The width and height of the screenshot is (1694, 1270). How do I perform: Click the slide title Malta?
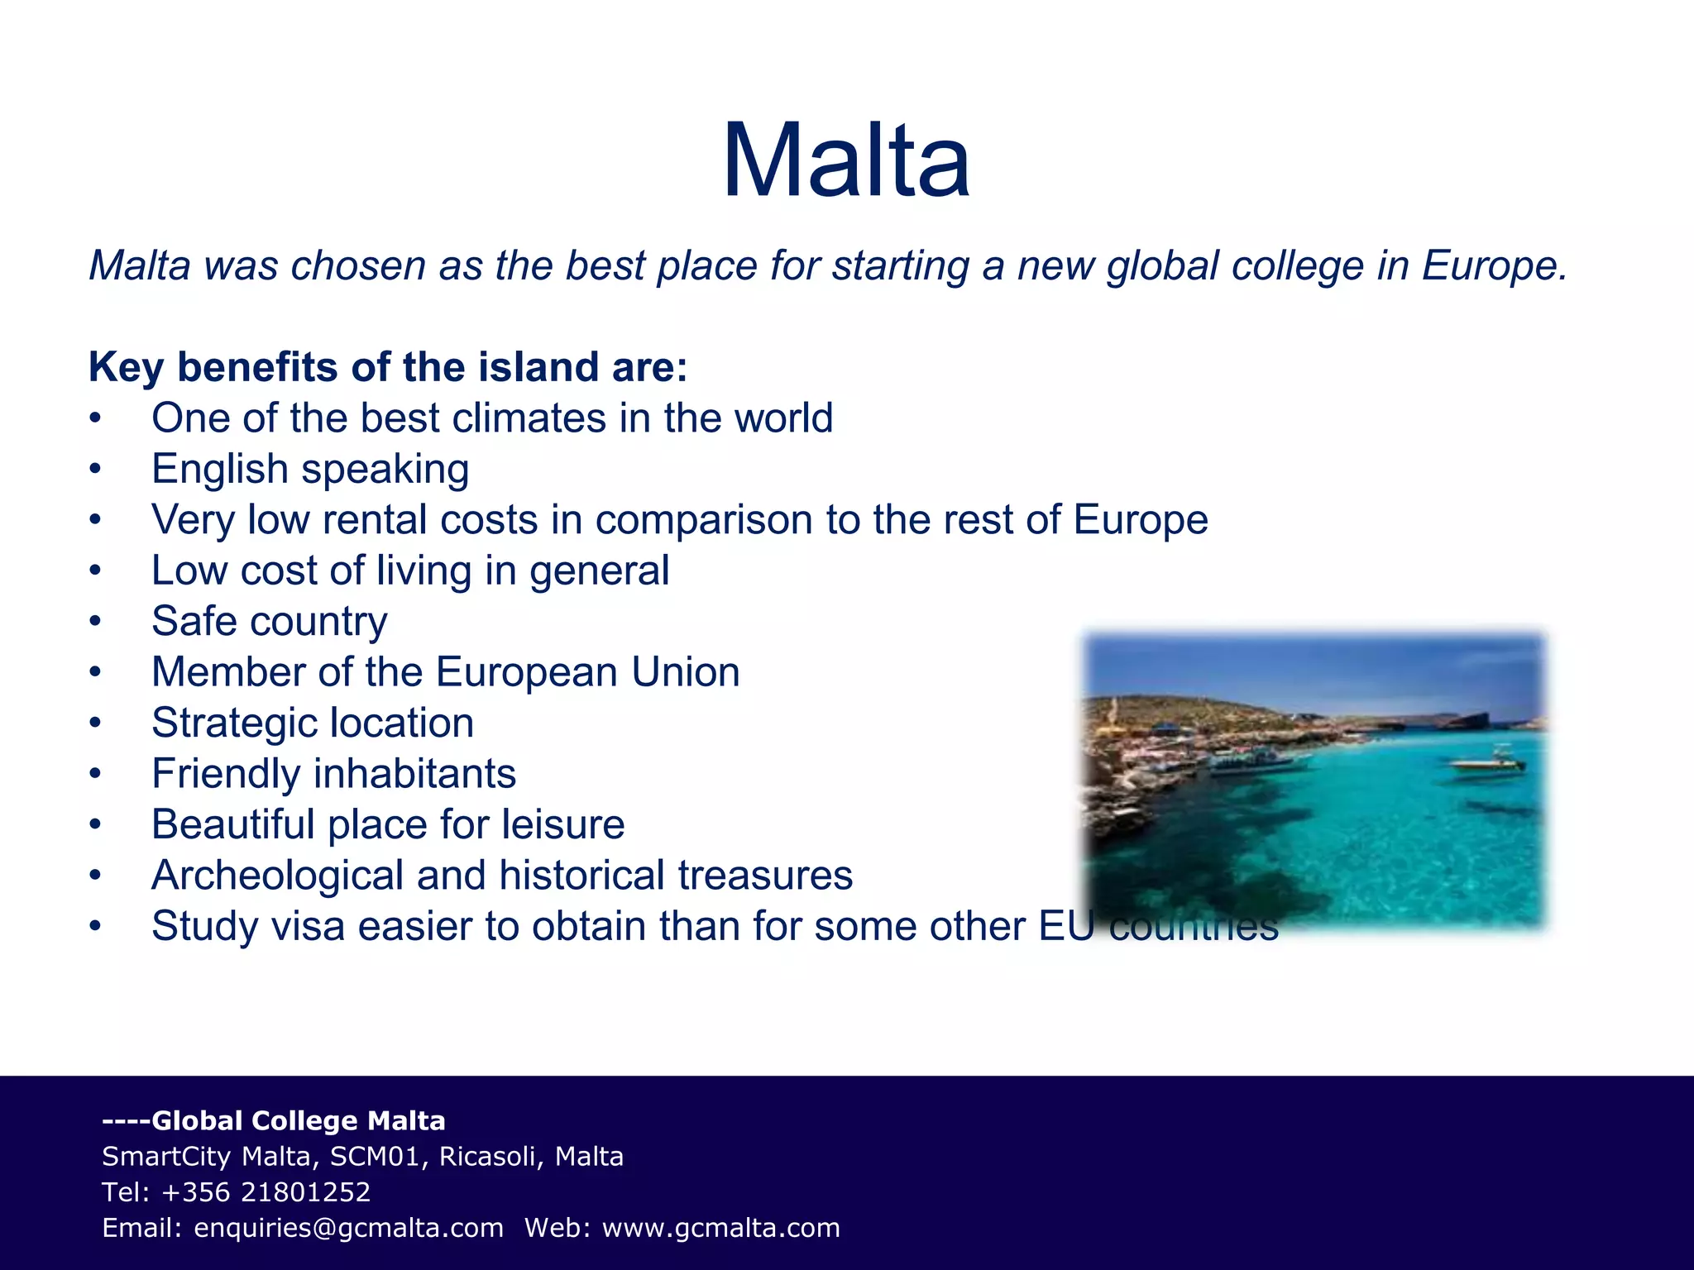pyautogui.click(x=845, y=160)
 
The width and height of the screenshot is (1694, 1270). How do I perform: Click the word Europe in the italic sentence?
pyautogui.click(x=1493, y=266)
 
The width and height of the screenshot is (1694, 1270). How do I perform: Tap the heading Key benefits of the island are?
pyautogui.click(x=388, y=367)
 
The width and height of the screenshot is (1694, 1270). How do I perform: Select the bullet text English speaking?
pyautogui.click(x=310, y=470)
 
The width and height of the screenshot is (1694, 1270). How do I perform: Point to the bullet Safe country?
pyautogui.click(x=269, y=622)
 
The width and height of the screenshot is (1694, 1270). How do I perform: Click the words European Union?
pyautogui.click(x=587, y=672)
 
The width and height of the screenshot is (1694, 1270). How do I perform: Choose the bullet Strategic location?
pyautogui.click(x=313, y=723)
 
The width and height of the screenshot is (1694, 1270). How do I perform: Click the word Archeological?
pyautogui.click(x=277, y=876)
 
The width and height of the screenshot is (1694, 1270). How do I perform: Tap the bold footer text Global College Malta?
pyautogui.click(x=299, y=1121)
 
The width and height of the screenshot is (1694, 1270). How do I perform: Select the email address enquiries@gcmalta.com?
pyautogui.click(x=348, y=1228)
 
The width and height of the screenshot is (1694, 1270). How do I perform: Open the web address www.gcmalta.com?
pyautogui.click(x=720, y=1228)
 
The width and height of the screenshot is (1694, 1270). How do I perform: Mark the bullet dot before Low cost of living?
pyautogui.click(x=96, y=571)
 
